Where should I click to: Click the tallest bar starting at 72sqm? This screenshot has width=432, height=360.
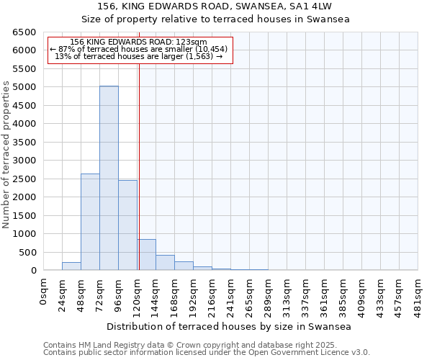[109, 178]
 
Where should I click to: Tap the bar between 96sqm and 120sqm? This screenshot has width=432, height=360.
[127, 225]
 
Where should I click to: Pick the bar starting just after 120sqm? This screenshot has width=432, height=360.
[146, 255]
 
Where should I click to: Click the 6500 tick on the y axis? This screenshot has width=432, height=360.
[23, 32]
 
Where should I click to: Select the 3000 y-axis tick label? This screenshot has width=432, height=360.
[23, 161]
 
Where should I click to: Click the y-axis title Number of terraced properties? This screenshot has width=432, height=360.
[6, 155]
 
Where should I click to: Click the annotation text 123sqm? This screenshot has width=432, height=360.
[140, 42]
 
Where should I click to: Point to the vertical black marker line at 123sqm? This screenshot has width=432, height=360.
[139, 166]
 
